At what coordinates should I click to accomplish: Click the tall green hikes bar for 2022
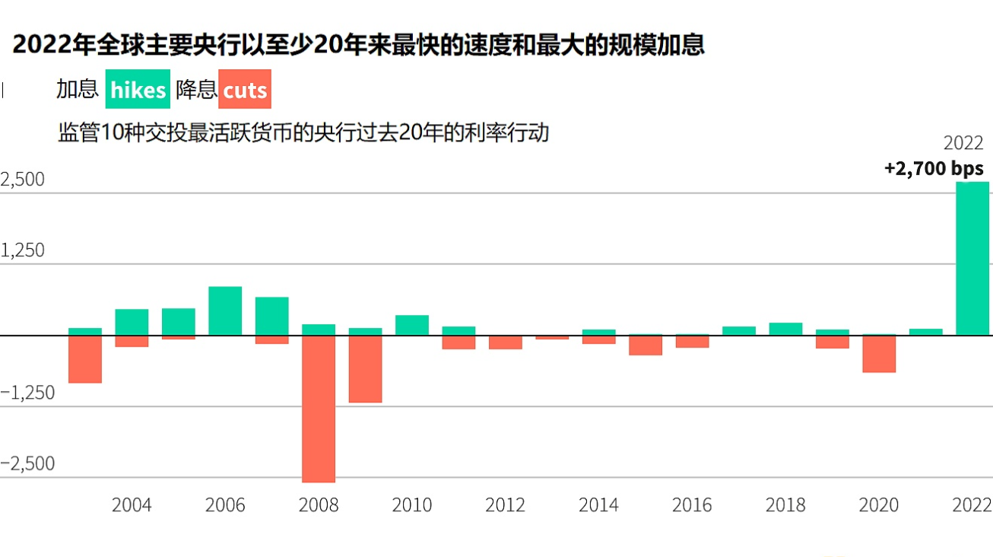[x=972, y=259]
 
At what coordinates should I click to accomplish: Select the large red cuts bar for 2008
[x=319, y=409]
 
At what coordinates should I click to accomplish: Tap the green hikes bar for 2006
[x=225, y=310]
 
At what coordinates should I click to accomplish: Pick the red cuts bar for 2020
[x=879, y=354]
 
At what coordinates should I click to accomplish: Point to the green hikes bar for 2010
[x=412, y=325]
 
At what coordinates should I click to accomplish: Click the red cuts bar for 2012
[x=506, y=342]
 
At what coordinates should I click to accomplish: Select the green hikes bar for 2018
[x=785, y=329]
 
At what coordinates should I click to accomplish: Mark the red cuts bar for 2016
[x=692, y=341]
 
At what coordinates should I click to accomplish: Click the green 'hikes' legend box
[x=138, y=90]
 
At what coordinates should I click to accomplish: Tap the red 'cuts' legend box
[x=245, y=90]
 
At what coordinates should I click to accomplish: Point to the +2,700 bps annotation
[x=934, y=169]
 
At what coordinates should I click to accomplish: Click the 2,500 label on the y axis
[x=24, y=180]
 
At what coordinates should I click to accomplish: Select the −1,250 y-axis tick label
[x=28, y=393]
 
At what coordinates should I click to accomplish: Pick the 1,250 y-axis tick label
[x=24, y=251]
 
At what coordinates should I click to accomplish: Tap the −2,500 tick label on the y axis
[x=28, y=464]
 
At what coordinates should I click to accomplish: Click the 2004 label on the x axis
[x=132, y=505]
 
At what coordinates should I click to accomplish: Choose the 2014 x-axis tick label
[x=599, y=505]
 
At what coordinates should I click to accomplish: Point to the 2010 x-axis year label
[x=412, y=505]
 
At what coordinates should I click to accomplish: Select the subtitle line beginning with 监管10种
[x=303, y=133]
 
